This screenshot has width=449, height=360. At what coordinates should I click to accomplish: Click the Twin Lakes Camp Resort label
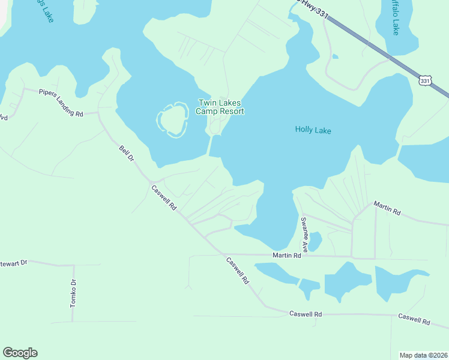[220, 107]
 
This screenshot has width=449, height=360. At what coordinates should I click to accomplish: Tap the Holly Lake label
[313, 130]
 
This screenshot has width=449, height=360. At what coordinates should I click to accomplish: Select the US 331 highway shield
[425, 80]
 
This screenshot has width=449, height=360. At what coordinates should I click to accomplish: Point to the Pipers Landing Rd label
[60, 95]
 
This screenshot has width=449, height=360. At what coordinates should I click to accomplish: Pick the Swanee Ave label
[304, 234]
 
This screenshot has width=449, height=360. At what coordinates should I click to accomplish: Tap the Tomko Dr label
[73, 294]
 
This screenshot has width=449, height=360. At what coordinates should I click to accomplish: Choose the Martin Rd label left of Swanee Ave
[286, 256]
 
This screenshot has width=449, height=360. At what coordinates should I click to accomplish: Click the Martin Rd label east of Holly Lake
[387, 209]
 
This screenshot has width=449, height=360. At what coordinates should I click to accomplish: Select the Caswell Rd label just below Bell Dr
[164, 197]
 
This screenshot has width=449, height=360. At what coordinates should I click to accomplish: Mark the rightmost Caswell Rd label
[414, 319]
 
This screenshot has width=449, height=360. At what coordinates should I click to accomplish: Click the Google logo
[20, 353]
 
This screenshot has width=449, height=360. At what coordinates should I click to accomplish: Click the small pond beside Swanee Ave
[315, 241]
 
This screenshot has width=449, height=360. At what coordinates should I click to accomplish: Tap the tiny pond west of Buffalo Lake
[335, 57]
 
